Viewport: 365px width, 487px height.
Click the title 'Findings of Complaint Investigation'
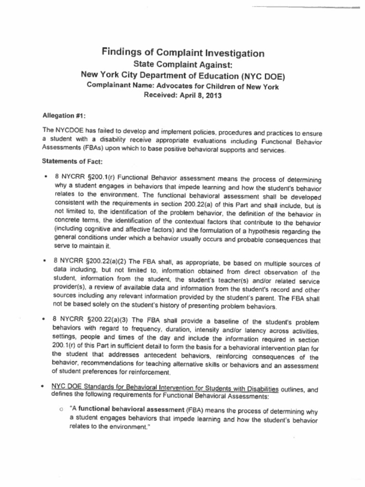[183, 53]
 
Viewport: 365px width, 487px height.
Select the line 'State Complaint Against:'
[182, 65]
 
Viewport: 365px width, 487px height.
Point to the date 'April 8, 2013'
[199, 95]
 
